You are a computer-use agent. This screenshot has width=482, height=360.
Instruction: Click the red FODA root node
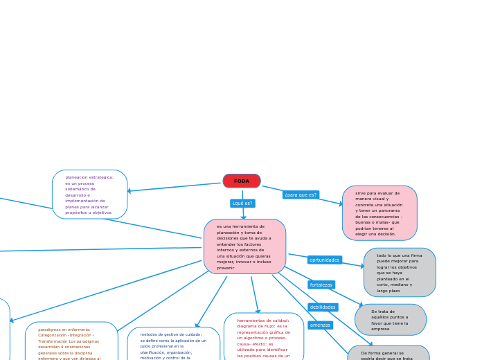(x=242, y=181)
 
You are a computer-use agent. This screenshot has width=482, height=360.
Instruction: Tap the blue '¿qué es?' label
(x=242, y=204)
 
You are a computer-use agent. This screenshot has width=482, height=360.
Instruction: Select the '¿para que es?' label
(x=301, y=195)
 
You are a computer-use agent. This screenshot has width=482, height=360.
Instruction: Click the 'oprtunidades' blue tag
(x=324, y=260)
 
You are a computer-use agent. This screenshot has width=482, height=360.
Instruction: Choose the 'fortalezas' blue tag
(x=321, y=285)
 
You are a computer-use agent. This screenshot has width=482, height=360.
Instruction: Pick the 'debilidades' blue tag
(x=323, y=307)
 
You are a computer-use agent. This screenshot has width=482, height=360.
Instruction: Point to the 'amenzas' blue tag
(x=320, y=325)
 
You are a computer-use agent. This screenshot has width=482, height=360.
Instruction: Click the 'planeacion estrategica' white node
(x=89, y=195)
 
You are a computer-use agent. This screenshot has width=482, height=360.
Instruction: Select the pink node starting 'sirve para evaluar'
(x=380, y=213)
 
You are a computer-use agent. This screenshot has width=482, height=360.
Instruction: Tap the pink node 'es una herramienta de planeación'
(x=244, y=246)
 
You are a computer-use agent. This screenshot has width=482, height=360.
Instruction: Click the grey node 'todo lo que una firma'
(x=400, y=273)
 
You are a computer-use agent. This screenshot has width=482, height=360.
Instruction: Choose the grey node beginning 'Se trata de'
(x=391, y=320)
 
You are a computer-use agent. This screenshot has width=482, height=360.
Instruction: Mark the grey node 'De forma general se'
(x=389, y=354)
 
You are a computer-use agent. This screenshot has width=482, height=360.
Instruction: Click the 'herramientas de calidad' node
(x=264, y=338)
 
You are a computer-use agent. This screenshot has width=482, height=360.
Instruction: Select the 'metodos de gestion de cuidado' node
(x=174, y=345)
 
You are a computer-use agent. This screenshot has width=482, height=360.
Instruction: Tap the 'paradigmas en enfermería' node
(x=71, y=342)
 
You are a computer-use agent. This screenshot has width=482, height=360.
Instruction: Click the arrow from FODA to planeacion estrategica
(x=173, y=187)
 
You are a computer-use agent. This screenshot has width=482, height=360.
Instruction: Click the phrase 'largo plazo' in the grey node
(x=389, y=291)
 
